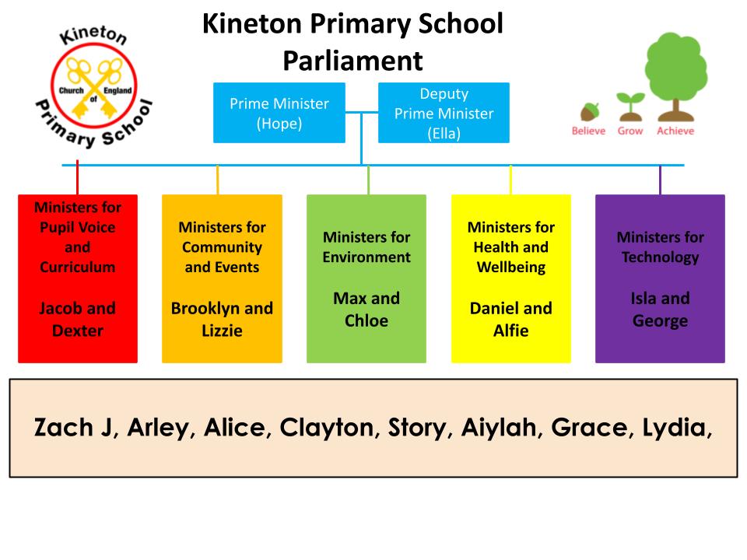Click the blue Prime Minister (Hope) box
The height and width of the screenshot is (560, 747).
(x=279, y=113)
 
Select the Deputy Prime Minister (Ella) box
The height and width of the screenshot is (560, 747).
(x=444, y=113)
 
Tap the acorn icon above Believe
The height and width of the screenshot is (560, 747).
(x=589, y=112)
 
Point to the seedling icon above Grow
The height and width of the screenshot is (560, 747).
(x=630, y=107)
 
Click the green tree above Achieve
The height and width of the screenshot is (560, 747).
(x=676, y=76)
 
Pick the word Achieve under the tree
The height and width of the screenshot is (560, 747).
(x=675, y=131)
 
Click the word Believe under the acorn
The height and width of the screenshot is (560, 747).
(x=588, y=131)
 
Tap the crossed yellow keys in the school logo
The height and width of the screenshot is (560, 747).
(x=94, y=88)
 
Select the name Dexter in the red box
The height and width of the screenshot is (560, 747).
(x=78, y=331)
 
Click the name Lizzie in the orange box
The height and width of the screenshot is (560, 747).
(x=222, y=331)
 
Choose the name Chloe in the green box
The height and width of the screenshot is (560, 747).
(x=366, y=320)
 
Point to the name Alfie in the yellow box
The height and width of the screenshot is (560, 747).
(x=510, y=331)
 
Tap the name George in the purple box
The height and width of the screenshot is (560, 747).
(x=661, y=321)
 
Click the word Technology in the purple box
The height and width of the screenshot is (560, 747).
(x=661, y=257)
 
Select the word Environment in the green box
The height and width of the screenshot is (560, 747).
(x=366, y=257)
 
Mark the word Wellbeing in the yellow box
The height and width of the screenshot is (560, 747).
(x=511, y=268)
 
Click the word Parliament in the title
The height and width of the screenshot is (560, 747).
(x=353, y=61)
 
